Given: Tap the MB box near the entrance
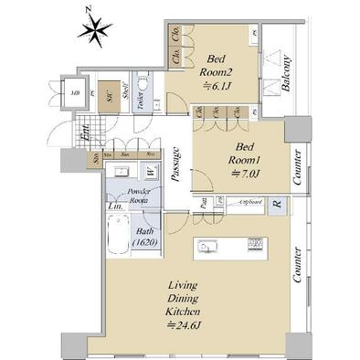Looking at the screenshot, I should (75, 91).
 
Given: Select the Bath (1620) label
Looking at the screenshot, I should (144, 238).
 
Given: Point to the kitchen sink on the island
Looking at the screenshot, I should (205, 245).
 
